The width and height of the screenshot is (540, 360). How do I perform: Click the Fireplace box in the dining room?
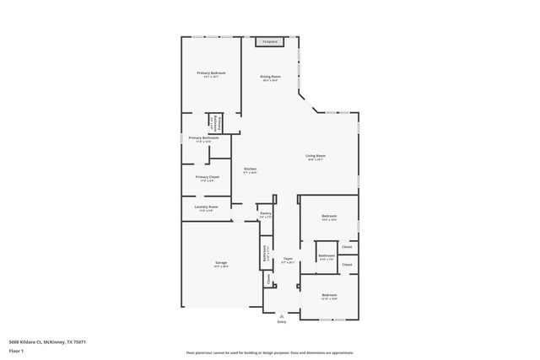tap(270, 41)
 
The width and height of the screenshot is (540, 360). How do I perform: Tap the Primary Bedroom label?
tap(211, 73)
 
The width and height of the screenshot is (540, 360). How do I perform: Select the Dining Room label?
tap(270, 78)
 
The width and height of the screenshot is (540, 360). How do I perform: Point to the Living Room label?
tap(316, 156)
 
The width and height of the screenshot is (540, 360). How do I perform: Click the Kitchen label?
tap(251, 169)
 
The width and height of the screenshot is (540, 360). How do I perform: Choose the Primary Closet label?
tap(208, 177)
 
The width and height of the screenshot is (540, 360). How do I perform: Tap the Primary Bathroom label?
tap(203, 138)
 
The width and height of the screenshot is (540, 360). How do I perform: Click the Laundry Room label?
tap(207, 207)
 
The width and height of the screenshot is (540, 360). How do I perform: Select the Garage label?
tap(220, 263)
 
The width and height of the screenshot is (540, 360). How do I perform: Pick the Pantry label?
tap(266, 214)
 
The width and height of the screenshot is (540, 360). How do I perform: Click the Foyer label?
tap(288, 259)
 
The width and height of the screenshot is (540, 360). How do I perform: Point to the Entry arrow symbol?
tap(282, 315)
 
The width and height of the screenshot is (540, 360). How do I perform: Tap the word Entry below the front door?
tap(282, 322)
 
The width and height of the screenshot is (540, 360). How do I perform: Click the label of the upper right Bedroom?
tap(329, 217)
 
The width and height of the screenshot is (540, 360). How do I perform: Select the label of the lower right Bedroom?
tap(329, 294)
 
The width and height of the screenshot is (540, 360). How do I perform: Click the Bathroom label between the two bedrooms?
tap(327, 255)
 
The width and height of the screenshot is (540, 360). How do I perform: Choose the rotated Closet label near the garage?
tap(268, 277)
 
